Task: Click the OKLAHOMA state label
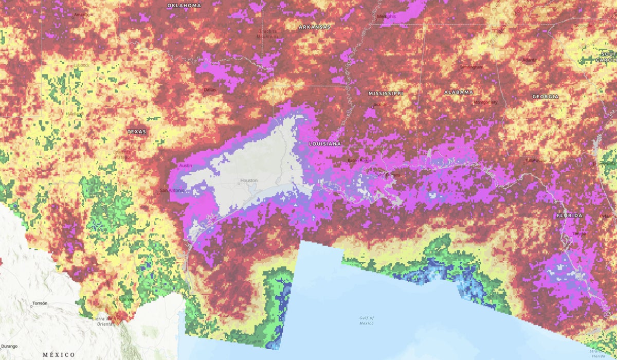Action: [x=184, y=6]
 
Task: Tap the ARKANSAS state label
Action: [x=315, y=26]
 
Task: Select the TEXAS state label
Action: [x=137, y=132]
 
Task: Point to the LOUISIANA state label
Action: [x=324, y=144]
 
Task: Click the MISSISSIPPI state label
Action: [x=386, y=94]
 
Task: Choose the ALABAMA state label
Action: [x=458, y=92]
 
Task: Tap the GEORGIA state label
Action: [x=545, y=97]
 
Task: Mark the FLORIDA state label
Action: [x=570, y=215]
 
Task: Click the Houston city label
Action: [x=249, y=181]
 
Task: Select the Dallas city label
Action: [x=210, y=89]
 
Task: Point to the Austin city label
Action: [x=185, y=166]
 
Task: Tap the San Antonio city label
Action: [x=172, y=191]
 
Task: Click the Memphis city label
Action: [x=386, y=16]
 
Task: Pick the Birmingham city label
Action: [x=471, y=67]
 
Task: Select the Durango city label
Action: [x=9, y=346]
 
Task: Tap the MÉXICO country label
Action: [x=59, y=355]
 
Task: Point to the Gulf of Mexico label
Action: [x=367, y=320]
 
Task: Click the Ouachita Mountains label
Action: [x=267, y=33]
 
